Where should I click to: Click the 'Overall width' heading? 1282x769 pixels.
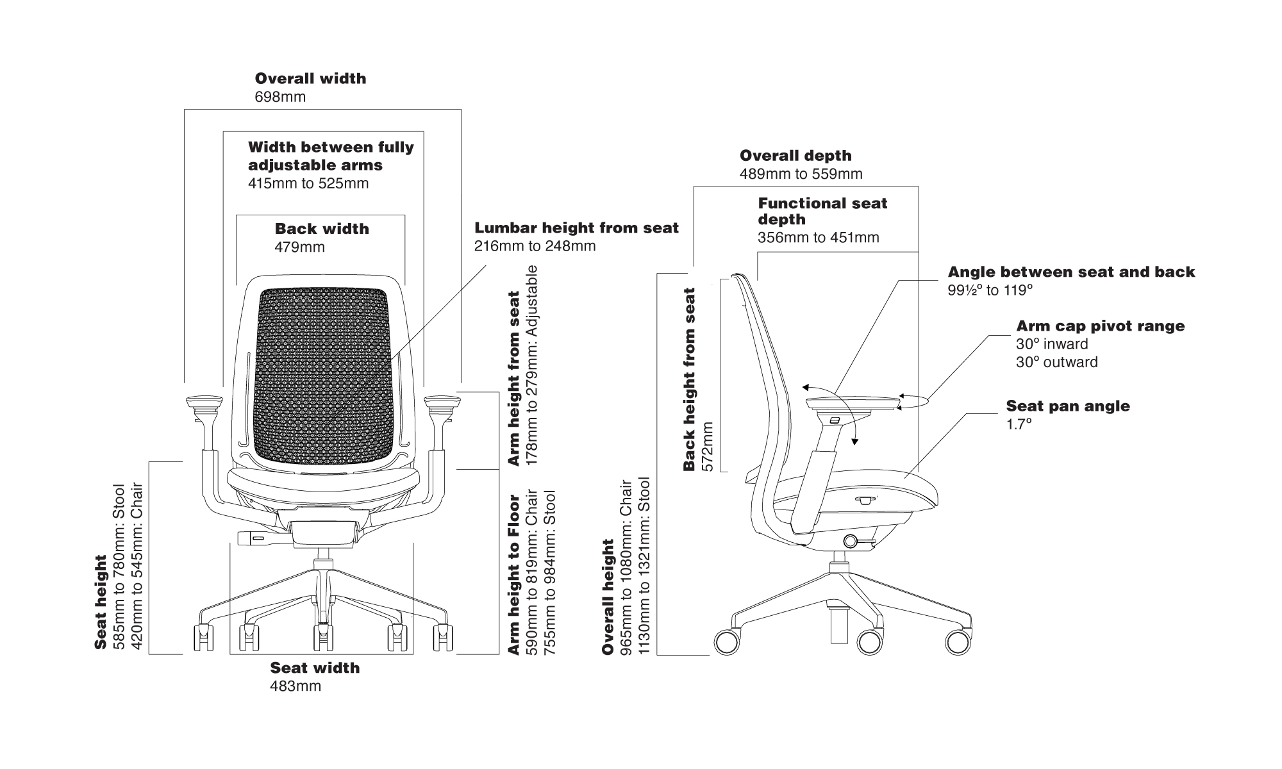[310, 79]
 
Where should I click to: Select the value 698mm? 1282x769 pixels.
[280, 97]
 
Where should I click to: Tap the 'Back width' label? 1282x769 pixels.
[322, 229]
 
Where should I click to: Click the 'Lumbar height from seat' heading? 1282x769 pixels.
[576, 228]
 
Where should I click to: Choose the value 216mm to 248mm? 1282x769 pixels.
[535, 246]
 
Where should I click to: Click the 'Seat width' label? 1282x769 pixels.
[315, 668]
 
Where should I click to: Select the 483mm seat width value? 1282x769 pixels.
[296, 686]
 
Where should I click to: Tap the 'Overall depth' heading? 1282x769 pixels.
[795, 156]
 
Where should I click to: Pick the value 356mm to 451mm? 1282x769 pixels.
[818, 238]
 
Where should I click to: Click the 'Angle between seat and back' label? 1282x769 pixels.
[1071, 272]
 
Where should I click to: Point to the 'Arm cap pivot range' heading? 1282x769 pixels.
[1100, 326]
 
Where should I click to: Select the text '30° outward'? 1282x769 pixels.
[1056, 362]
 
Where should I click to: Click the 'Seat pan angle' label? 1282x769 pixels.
[1068, 406]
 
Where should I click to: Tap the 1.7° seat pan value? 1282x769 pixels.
[1019, 424]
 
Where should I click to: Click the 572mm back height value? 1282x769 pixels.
[708, 446]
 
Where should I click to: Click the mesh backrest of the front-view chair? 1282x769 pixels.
[324, 378]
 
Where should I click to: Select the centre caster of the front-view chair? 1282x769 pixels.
[323, 637]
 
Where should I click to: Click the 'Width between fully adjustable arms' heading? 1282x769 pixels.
[331, 156]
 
